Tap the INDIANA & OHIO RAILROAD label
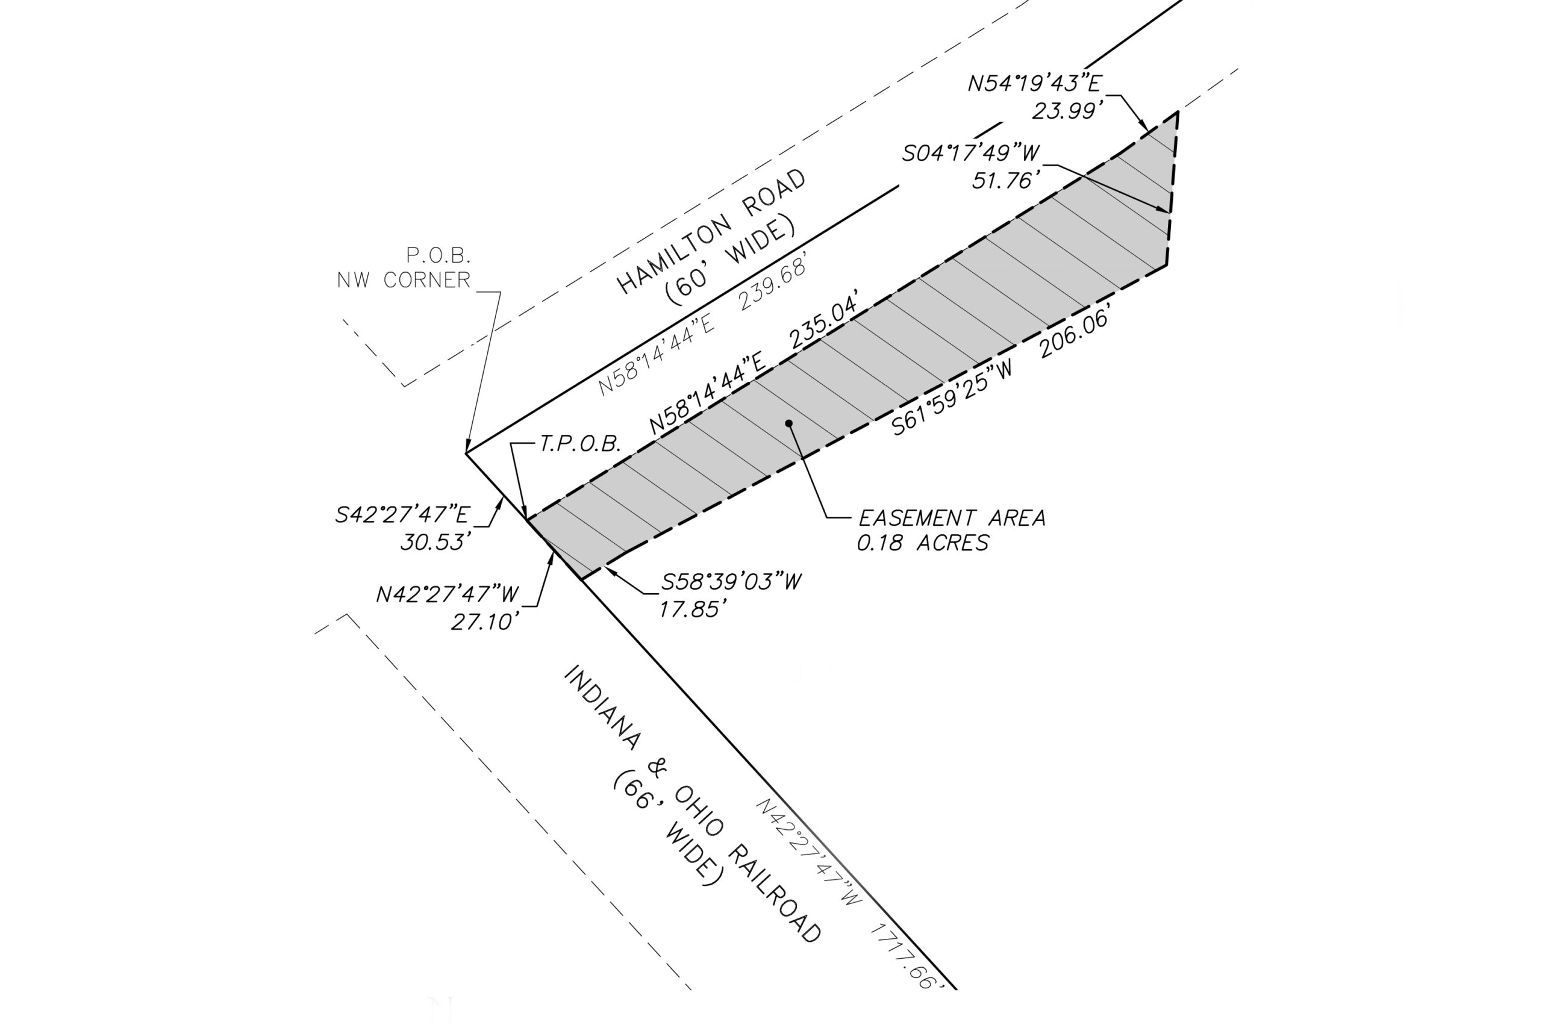click(x=692, y=804)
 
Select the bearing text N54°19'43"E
click(x=1035, y=83)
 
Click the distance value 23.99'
click(x=1065, y=111)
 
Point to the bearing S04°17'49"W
click(x=971, y=153)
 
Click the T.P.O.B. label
click(x=580, y=444)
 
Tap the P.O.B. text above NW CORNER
click(x=439, y=254)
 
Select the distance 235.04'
click(x=824, y=326)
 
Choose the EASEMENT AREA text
click(x=952, y=518)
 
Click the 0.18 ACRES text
click(x=923, y=543)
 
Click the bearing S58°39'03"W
click(x=731, y=582)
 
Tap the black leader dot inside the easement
click(x=789, y=423)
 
